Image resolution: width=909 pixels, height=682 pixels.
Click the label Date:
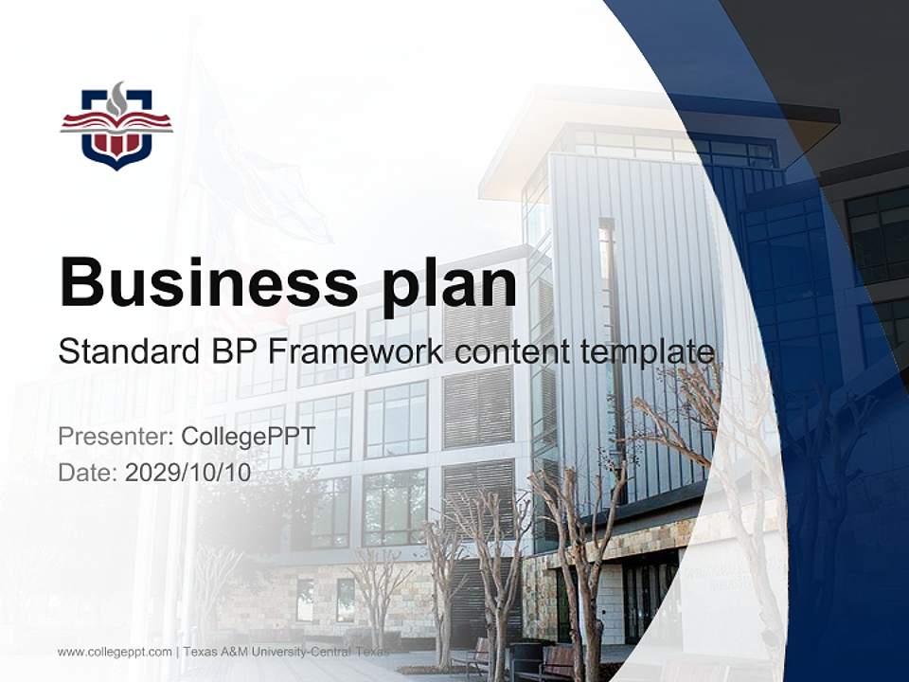[88, 473]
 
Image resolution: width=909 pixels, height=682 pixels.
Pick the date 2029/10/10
[188, 473]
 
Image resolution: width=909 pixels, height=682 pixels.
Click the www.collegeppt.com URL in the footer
[115, 652]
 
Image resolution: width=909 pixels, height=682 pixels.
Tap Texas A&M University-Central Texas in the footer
[286, 652]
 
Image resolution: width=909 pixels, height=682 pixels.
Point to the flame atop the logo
[116, 98]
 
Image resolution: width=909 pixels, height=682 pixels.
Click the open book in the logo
[116, 122]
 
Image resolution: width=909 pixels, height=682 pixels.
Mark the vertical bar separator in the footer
[177, 652]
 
